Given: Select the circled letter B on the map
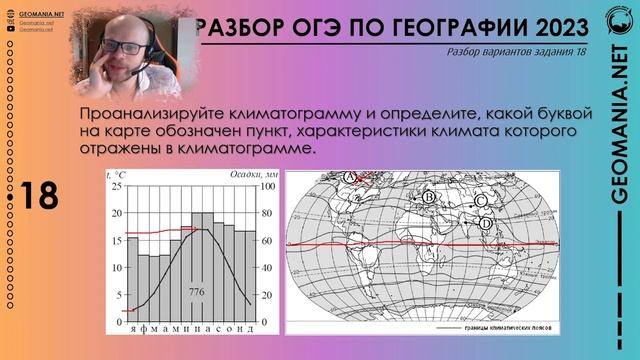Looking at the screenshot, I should click(x=428, y=197).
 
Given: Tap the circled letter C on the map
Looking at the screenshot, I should click(x=481, y=200).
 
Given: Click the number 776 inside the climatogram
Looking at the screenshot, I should click(x=197, y=291).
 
